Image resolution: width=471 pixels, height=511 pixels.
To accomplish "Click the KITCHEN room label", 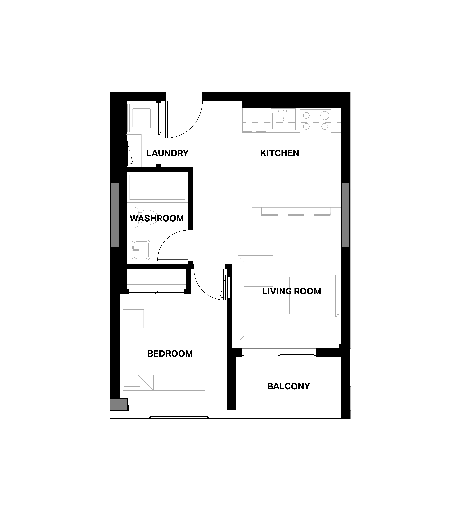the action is tap(280, 153).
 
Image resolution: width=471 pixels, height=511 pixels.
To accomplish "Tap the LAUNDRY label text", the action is tap(167, 153).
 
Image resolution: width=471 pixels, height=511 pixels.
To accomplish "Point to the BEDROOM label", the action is tap(170, 354).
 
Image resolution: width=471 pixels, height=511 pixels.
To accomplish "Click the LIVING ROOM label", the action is tap(292, 291).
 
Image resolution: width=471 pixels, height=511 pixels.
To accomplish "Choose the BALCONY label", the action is tap(289, 386).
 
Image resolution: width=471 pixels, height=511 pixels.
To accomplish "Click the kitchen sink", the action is tap(283, 120).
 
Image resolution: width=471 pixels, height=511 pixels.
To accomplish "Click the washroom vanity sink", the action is tap(141, 250).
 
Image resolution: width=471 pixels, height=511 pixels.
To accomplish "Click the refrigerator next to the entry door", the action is tap(226, 118).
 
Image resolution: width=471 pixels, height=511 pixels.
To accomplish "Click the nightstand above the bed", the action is tap(133, 319).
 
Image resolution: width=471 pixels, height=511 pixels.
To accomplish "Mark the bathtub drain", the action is tap(135, 187).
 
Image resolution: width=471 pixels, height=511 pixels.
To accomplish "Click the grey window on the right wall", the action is tap(346, 215).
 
